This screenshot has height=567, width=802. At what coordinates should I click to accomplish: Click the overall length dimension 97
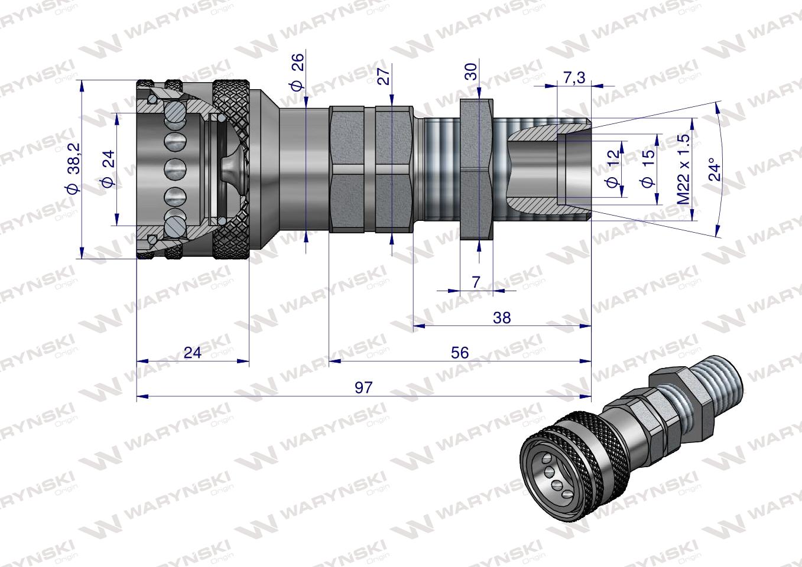[363, 387]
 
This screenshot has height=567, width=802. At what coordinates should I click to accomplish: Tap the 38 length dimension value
[501, 317]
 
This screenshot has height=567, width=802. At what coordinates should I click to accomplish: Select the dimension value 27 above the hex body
[384, 76]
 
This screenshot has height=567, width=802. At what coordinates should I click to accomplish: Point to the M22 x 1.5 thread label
[684, 170]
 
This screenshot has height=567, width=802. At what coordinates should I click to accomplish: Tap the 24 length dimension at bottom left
[193, 353]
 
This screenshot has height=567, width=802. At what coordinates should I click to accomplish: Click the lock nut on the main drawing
[475, 170]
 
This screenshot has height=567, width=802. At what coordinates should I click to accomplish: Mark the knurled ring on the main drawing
[232, 170]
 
